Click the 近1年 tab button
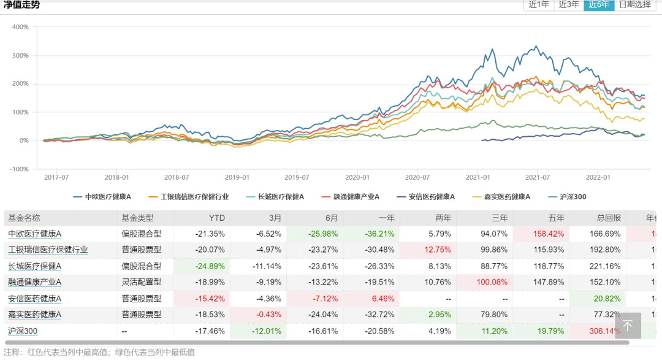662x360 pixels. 539,4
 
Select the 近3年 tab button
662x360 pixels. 569,4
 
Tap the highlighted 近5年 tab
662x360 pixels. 599,4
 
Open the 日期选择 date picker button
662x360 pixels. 634,4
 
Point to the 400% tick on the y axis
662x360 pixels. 20,27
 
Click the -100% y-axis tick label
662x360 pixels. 19,169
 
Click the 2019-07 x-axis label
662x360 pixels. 297,177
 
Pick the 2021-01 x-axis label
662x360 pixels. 477,177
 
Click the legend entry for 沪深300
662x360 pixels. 569,197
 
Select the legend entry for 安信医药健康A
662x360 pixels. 424,197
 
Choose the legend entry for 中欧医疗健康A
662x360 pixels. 102,197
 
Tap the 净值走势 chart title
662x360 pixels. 22,5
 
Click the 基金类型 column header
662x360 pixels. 137,218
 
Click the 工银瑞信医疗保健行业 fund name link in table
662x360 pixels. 48,250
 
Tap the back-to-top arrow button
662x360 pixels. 628,326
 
